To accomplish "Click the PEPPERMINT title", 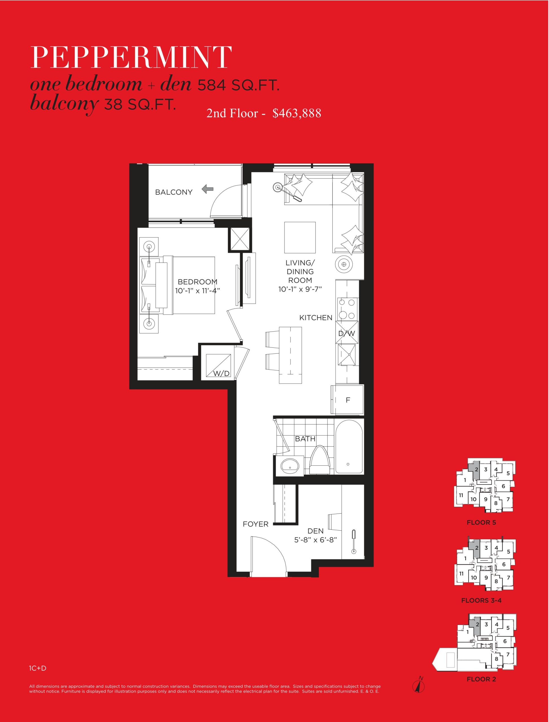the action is (x=131, y=57).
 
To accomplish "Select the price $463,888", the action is (x=297, y=113).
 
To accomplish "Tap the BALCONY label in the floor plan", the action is (x=174, y=192).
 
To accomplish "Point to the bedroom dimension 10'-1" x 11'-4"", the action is (x=197, y=291).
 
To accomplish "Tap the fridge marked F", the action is (x=347, y=400).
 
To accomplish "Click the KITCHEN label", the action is (x=316, y=318).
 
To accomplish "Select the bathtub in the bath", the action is (x=349, y=446).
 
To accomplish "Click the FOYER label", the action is (x=255, y=524).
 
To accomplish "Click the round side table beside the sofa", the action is (x=343, y=264).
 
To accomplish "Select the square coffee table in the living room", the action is (x=300, y=237).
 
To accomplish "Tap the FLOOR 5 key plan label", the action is (x=481, y=522).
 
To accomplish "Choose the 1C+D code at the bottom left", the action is (x=38, y=668).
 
